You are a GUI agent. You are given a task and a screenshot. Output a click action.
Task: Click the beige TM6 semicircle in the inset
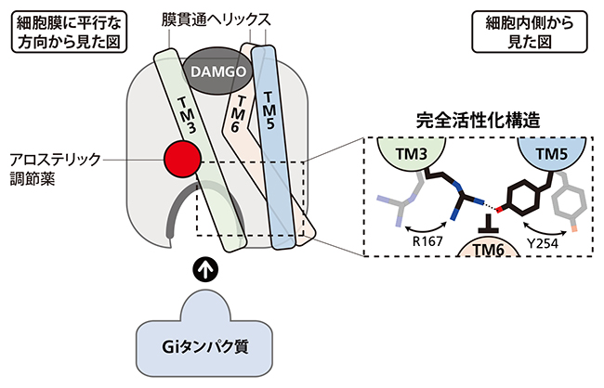pyautogui.click(x=480, y=247)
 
